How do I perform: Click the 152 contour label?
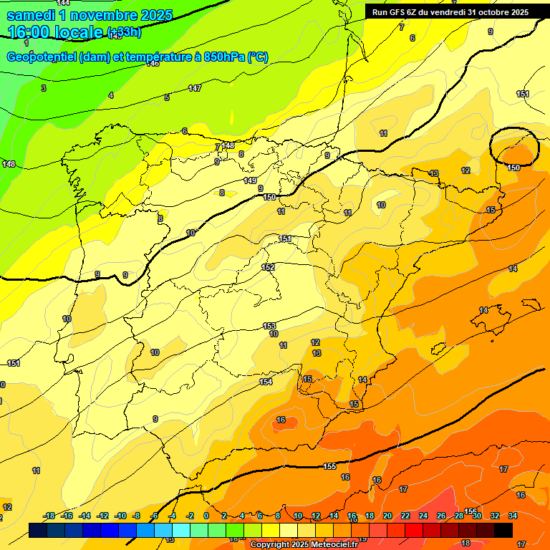click(268, 267)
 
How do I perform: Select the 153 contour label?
click(269, 326)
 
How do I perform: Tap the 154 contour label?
click(266, 382)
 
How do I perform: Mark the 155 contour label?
click(329, 466)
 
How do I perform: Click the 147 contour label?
click(195, 88)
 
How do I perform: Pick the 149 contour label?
click(250, 180)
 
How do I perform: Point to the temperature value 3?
click(44, 88)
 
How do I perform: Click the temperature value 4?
click(110, 95)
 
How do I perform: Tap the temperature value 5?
click(167, 97)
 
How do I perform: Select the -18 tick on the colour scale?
click(49, 516)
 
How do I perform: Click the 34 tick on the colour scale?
click(513, 516)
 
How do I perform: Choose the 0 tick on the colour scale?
click(206, 516)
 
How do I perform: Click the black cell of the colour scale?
click(503, 530)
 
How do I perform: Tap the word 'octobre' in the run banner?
click(493, 12)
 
